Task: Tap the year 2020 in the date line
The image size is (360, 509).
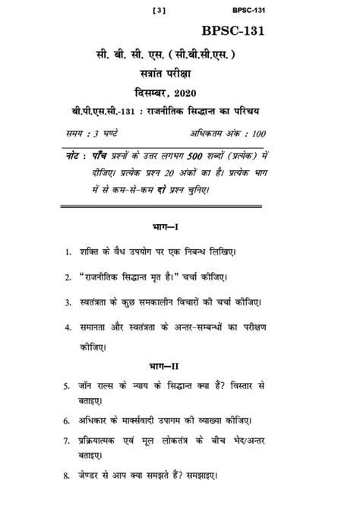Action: coord(201,93)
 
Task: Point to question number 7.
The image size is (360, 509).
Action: coord(67,441)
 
